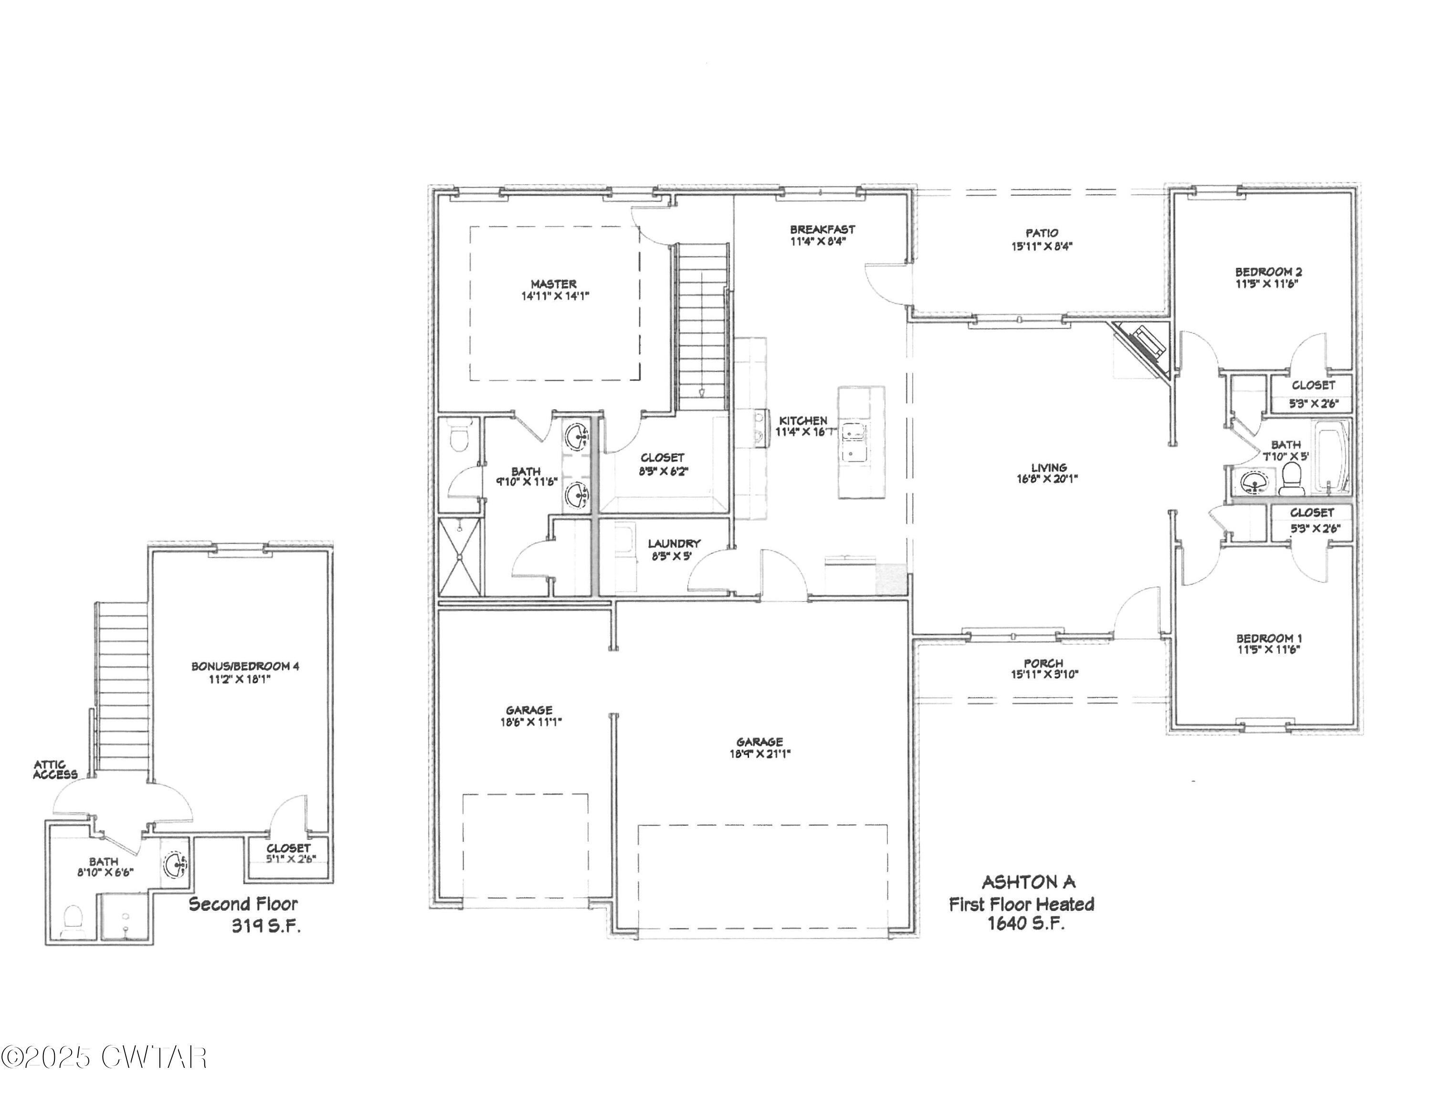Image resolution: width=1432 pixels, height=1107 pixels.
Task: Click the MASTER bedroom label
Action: (553, 284)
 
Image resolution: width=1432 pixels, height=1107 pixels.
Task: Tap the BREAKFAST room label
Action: (822, 230)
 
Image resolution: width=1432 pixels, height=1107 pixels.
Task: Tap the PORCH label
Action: (1043, 663)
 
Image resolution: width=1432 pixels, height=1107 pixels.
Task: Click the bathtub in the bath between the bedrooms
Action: (1329, 457)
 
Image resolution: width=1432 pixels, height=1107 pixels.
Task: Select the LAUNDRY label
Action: (674, 543)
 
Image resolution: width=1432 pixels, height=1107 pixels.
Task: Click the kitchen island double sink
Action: (853, 443)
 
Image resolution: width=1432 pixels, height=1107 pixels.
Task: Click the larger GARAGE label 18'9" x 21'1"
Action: (759, 742)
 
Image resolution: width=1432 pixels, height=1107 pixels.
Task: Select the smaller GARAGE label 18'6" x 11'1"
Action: (528, 710)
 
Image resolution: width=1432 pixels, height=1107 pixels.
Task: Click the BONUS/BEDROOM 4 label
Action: (245, 666)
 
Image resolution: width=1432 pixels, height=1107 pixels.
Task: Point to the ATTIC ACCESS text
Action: (55, 770)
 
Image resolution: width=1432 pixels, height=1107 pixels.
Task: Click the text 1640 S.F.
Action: (1025, 923)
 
